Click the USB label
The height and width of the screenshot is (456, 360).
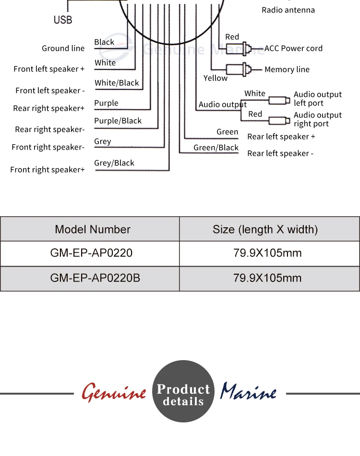coord(63,20)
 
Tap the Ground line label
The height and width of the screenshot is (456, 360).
coord(63,48)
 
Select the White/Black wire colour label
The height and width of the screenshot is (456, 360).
coord(117,83)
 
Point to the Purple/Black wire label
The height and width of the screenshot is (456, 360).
coord(118,121)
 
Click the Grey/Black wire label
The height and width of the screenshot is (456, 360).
coord(114,163)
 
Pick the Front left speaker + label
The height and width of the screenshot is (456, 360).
coord(49,69)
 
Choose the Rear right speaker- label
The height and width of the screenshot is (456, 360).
coord(50,129)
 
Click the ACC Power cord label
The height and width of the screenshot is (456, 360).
coord(293,48)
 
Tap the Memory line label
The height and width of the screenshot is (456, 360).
coord(287,70)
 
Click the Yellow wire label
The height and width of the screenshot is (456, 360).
coord(216,78)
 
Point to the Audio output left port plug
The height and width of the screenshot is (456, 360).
coord(279,101)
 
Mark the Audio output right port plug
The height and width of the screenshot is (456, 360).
coord(279,120)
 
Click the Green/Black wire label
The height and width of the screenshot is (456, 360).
coord(216,148)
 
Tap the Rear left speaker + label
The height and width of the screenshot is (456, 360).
coord(281,137)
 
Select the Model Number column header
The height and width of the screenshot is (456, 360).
coord(93,230)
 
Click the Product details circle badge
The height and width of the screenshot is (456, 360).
coord(183,391)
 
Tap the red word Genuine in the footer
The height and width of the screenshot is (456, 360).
coord(114,393)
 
